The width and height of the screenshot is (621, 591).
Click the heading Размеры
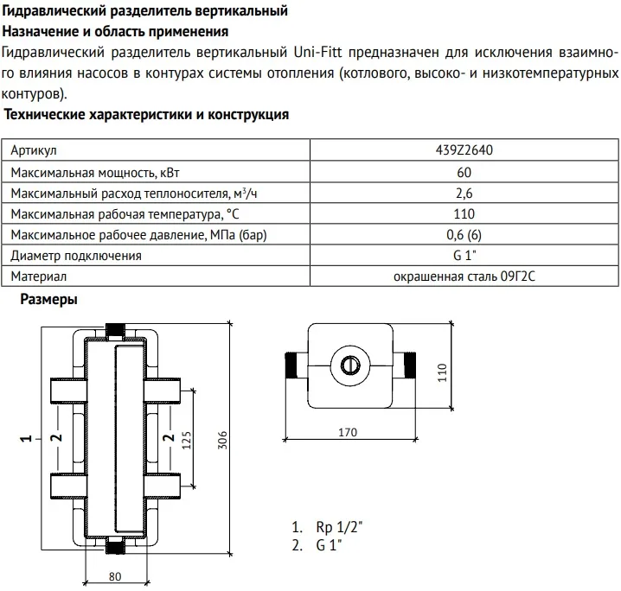point(48,301)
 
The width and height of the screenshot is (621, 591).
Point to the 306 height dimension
point(221,438)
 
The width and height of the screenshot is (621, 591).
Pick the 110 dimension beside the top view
point(441,372)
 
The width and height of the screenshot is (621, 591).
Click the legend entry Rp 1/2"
point(331,527)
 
